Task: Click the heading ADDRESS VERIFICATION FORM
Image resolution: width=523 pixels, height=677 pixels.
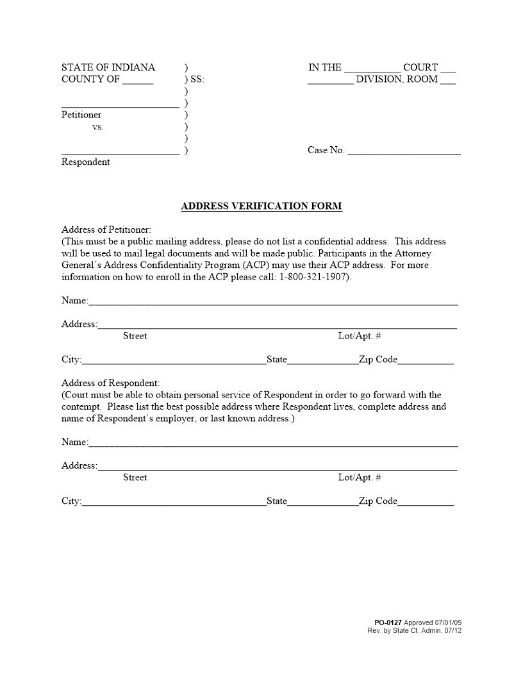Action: point(261,206)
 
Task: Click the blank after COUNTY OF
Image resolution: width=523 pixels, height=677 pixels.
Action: point(138,81)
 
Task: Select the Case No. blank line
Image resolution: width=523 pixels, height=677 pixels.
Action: point(404,151)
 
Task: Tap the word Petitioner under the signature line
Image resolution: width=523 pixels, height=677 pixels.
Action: point(81,115)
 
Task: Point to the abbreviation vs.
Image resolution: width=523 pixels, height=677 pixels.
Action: point(97,127)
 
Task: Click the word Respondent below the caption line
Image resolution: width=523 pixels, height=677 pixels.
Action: point(85,162)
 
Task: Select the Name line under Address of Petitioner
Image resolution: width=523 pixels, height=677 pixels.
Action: point(273,301)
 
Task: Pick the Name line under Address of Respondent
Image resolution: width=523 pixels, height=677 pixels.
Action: point(273,443)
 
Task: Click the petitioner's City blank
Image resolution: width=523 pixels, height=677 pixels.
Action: point(174,360)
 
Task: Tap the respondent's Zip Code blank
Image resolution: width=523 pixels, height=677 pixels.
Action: point(426,503)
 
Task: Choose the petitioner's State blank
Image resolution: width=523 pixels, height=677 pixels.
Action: point(323,360)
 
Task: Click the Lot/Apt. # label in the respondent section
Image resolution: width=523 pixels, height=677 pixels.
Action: point(360,478)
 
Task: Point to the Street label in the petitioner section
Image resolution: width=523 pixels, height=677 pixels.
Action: point(135,336)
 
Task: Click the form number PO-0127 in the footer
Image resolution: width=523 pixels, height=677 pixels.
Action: point(388,623)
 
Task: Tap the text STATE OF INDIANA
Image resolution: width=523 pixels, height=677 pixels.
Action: point(108,67)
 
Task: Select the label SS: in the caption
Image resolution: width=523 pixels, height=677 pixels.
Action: point(197,79)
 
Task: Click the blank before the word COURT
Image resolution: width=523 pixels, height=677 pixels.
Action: point(372,69)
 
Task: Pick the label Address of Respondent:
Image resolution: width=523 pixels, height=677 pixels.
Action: point(110,383)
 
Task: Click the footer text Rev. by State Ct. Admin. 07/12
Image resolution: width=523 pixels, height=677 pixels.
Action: point(414,631)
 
